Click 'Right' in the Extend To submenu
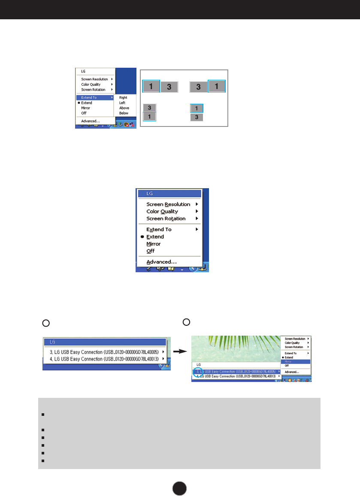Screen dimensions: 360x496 (123, 98)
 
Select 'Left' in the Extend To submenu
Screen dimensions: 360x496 (122, 103)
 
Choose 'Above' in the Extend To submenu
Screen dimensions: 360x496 (124, 108)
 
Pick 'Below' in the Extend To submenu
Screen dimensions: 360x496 (124, 113)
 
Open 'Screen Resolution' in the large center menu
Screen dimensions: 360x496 (168, 204)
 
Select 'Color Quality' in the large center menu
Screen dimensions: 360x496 (162, 211)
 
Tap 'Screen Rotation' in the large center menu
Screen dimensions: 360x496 (166, 219)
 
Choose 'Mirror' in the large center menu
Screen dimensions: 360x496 (154, 244)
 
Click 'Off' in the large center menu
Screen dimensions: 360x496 (150, 251)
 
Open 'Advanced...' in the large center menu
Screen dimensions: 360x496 (161, 262)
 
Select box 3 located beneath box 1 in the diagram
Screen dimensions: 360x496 (197, 117)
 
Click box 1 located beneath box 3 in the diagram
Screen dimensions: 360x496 (149, 117)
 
